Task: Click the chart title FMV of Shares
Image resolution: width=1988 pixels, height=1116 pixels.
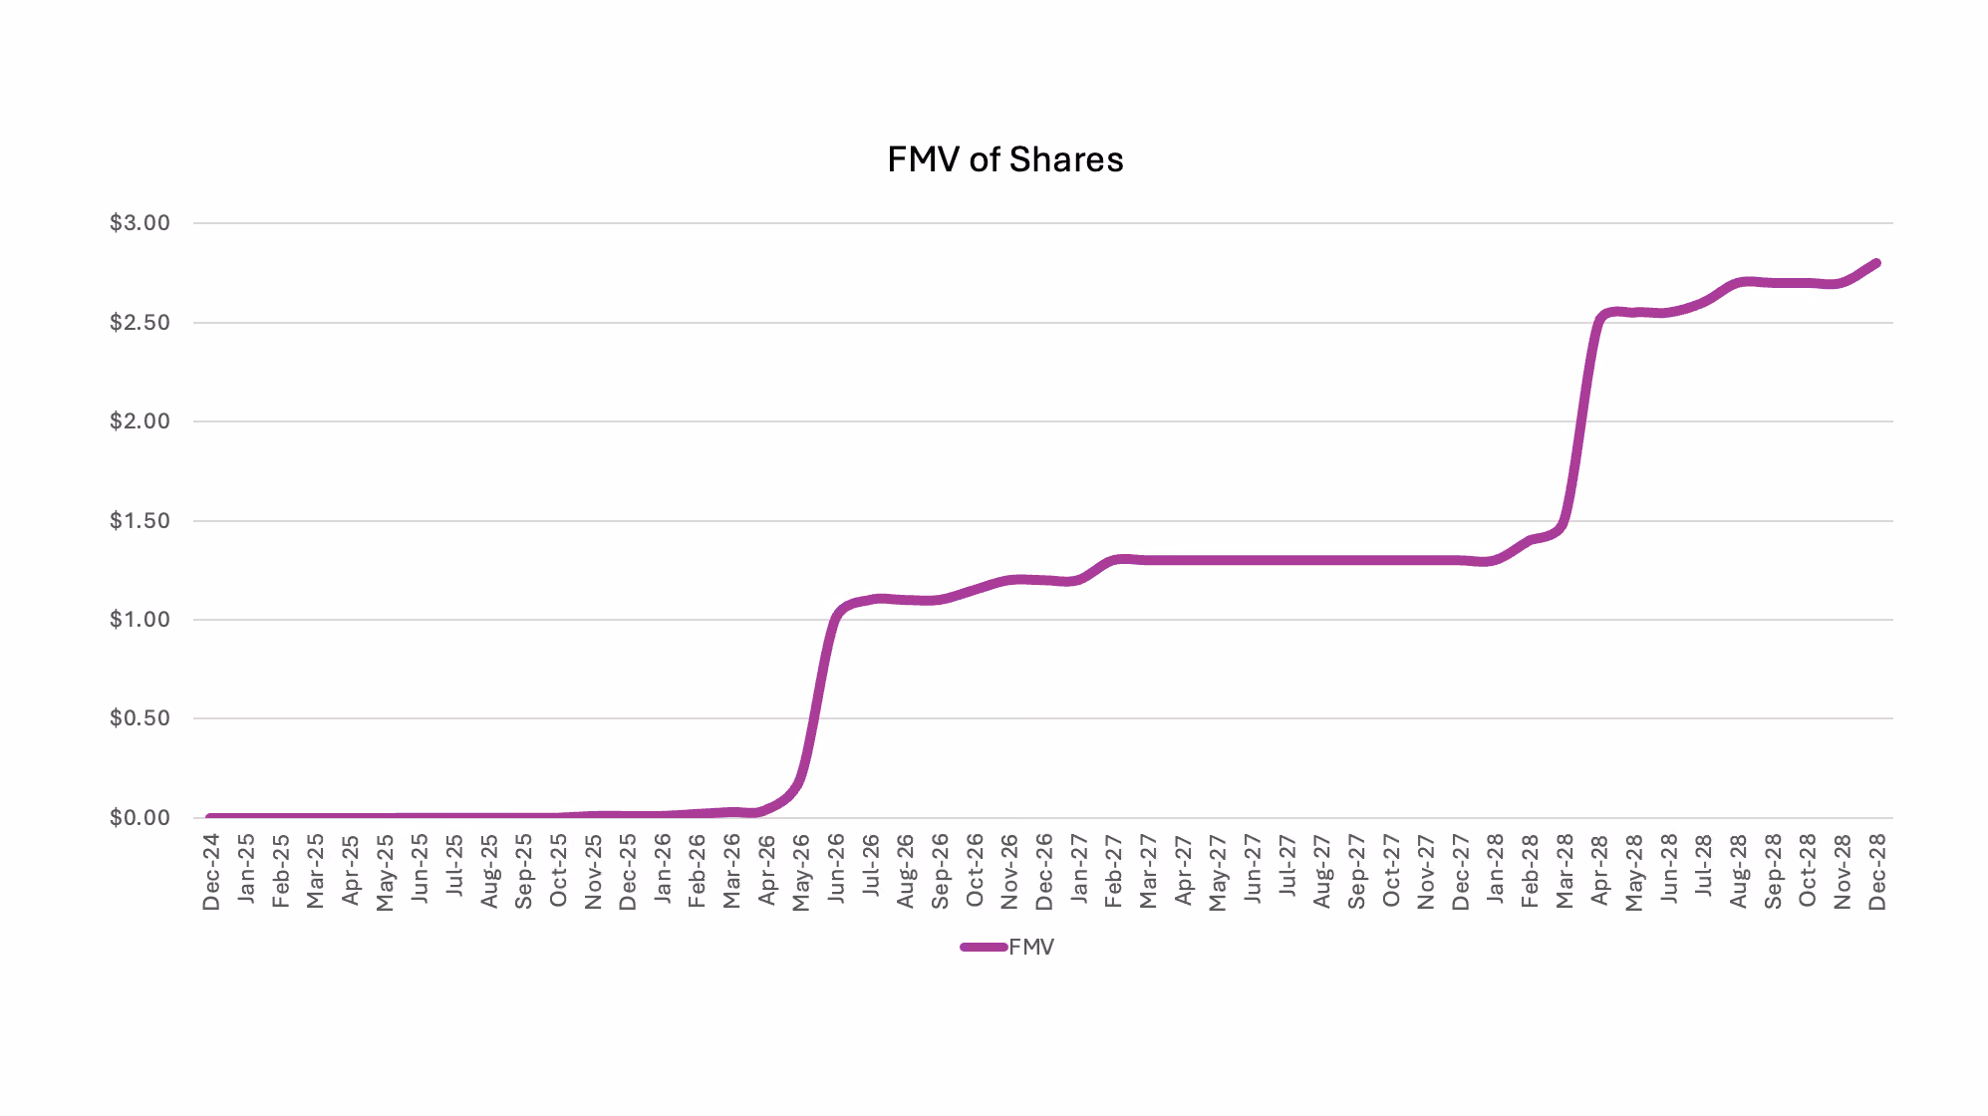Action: pos(1004,159)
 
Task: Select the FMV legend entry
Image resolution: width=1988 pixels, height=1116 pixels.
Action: pos(1006,947)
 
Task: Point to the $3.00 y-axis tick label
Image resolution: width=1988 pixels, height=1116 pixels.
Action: pos(140,223)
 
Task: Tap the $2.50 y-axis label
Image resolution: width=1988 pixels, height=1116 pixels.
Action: pos(140,323)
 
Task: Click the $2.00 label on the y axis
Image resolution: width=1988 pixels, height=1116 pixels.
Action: pos(140,421)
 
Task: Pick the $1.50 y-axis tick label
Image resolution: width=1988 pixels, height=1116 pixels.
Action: pos(140,521)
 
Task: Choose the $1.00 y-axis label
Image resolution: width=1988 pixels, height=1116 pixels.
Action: pos(140,620)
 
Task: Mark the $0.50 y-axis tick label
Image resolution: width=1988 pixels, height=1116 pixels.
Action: pos(140,718)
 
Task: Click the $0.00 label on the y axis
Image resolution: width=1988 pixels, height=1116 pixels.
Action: pos(140,818)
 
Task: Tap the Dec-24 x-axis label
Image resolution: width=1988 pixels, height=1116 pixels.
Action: pos(211,872)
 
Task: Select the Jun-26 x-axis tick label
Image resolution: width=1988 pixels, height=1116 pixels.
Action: pos(836,869)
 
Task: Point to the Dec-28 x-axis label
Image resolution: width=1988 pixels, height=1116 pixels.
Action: pos(1877,872)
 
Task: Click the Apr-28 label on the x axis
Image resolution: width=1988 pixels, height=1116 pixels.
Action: pos(1599,870)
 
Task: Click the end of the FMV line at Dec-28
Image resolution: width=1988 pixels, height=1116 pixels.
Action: pos(1876,263)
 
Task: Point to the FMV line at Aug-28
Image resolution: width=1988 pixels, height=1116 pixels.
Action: pos(1738,283)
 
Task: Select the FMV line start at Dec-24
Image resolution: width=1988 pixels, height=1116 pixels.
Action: pos(211,817)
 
